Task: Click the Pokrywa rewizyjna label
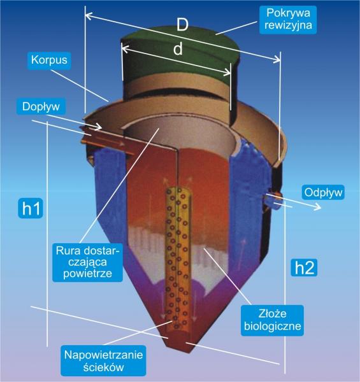(x=288, y=20)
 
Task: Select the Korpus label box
(x=49, y=60)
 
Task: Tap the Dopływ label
(x=41, y=107)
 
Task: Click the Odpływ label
(x=323, y=192)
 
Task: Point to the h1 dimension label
(x=31, y=208)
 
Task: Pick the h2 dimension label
(x=304, y=268)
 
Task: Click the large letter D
(x=183, y=25)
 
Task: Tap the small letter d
(x=178, y=49)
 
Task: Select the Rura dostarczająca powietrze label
(x=87, y=262)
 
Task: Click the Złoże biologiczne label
(x=273, y=320)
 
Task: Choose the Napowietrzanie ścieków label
(x=103, y=360)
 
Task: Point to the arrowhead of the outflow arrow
(x=318, y=208)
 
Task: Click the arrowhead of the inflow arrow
(x=99, y=127)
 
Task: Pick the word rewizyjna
(x=288, y=25)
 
